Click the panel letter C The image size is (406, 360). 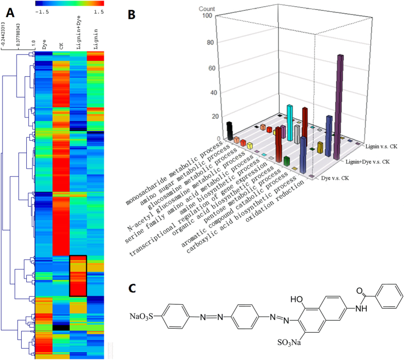coord(132,288)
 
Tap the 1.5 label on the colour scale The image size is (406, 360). coord(99,11)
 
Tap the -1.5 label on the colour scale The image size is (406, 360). coord(40,11)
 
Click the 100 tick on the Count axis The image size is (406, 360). coord(207,15)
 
